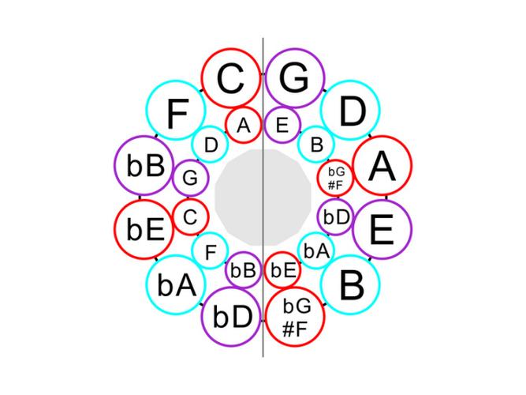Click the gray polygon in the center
pos(263,197)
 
